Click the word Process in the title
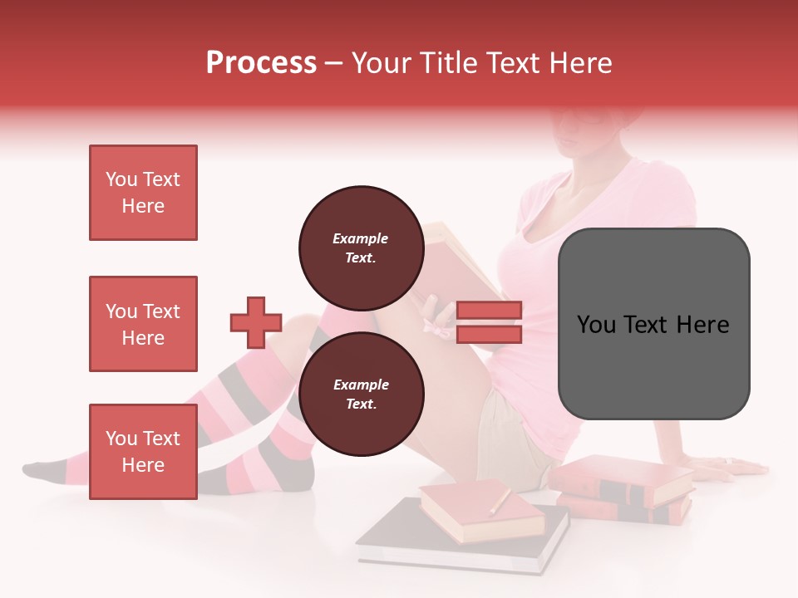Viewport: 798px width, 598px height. [261, 63]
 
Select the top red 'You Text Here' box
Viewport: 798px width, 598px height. [143, 193]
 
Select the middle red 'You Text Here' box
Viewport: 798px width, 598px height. [143, 324]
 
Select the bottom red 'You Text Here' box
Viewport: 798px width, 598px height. [143, 451]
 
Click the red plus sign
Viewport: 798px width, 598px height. [256, 322]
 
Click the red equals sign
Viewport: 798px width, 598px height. [490, 322]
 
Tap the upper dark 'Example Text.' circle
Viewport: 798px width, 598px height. [361, 248]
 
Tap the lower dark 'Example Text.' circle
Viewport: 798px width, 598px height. [361, 394]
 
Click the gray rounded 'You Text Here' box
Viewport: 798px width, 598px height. [653, 323]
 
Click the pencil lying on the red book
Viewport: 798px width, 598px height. [500, 501]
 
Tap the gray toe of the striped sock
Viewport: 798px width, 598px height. [37, 470]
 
